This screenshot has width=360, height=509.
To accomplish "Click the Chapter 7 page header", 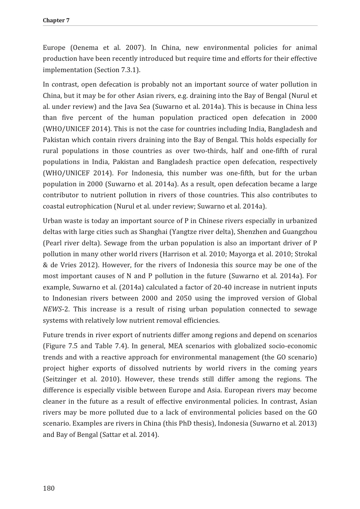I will click(56, 20).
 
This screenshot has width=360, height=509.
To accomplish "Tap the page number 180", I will click(49, 488).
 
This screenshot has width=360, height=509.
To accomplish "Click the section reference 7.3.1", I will click(129, 70).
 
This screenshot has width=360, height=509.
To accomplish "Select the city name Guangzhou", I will click(300, 232).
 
